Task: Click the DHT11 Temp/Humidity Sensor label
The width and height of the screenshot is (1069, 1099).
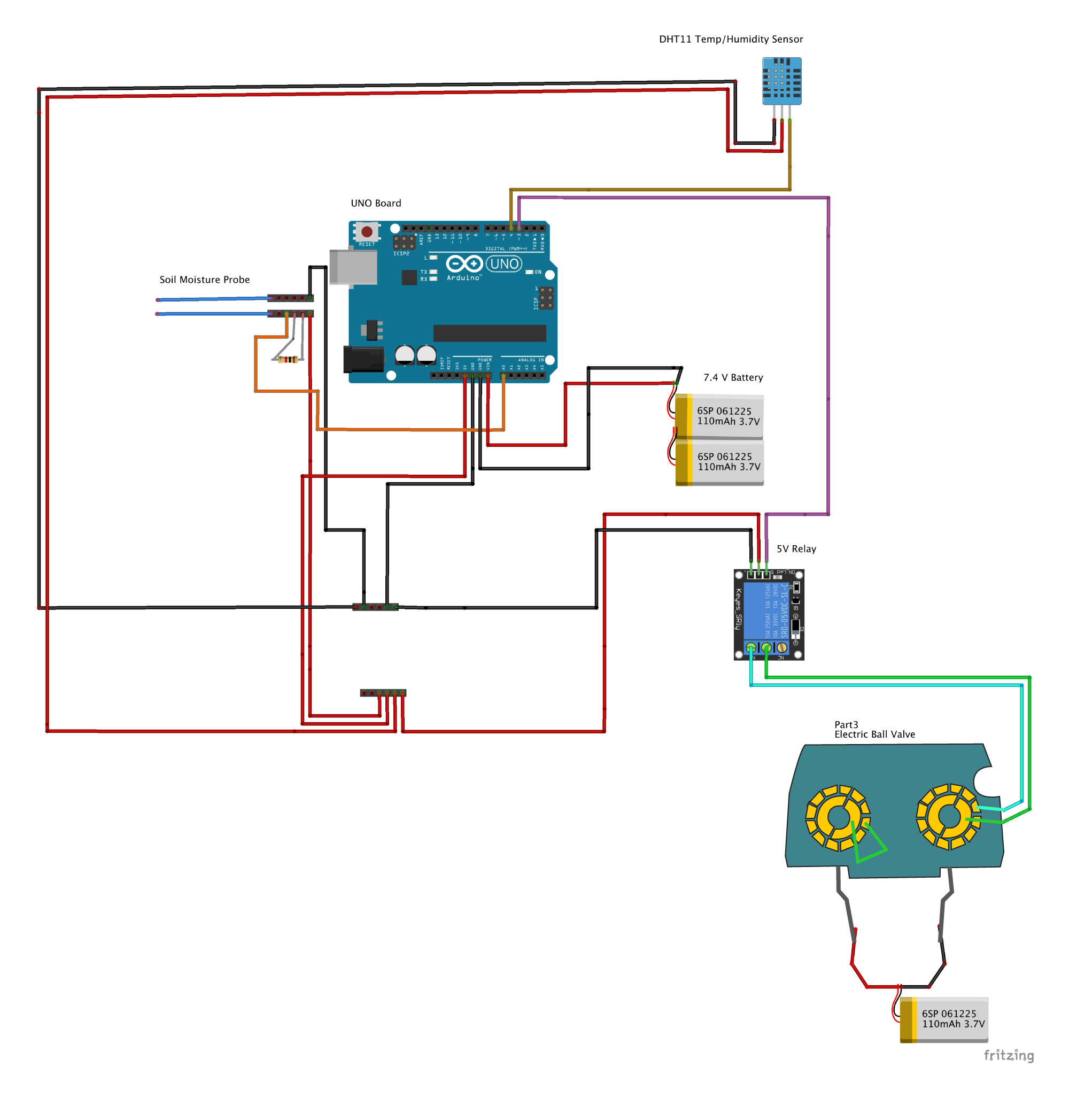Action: (731, 40)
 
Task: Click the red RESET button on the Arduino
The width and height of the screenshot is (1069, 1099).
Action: (367, 231)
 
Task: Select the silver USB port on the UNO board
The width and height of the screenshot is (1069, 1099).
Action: (353, 267)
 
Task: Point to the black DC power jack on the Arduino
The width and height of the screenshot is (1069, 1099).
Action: (363, 359)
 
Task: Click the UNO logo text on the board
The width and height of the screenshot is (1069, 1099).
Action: (504, 264)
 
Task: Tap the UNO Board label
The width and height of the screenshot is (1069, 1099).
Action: (376, 203)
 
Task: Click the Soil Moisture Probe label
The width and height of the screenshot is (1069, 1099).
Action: (204, 280)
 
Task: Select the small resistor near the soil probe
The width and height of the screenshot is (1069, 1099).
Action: (288, 359)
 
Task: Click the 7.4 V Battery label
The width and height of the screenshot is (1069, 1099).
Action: (733, 377)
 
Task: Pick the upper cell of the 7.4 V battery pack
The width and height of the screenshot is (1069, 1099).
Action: (719, 417)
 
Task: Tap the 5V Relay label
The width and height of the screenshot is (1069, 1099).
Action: (795, 548)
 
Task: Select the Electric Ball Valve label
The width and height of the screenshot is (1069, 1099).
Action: (874, 734)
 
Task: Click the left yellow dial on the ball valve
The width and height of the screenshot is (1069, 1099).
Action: (837, 817)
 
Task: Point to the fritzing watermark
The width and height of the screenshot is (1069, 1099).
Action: (1009, 1055)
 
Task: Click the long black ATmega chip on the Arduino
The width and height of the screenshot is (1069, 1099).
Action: (490, 333)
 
